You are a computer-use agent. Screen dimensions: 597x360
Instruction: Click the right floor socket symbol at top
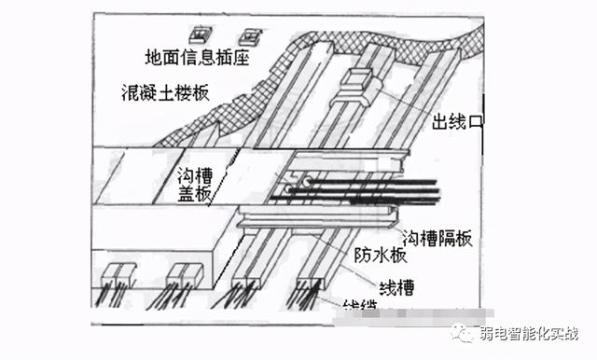[x=249, y=36]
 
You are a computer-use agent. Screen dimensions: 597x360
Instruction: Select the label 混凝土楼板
[x=165, y=93]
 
